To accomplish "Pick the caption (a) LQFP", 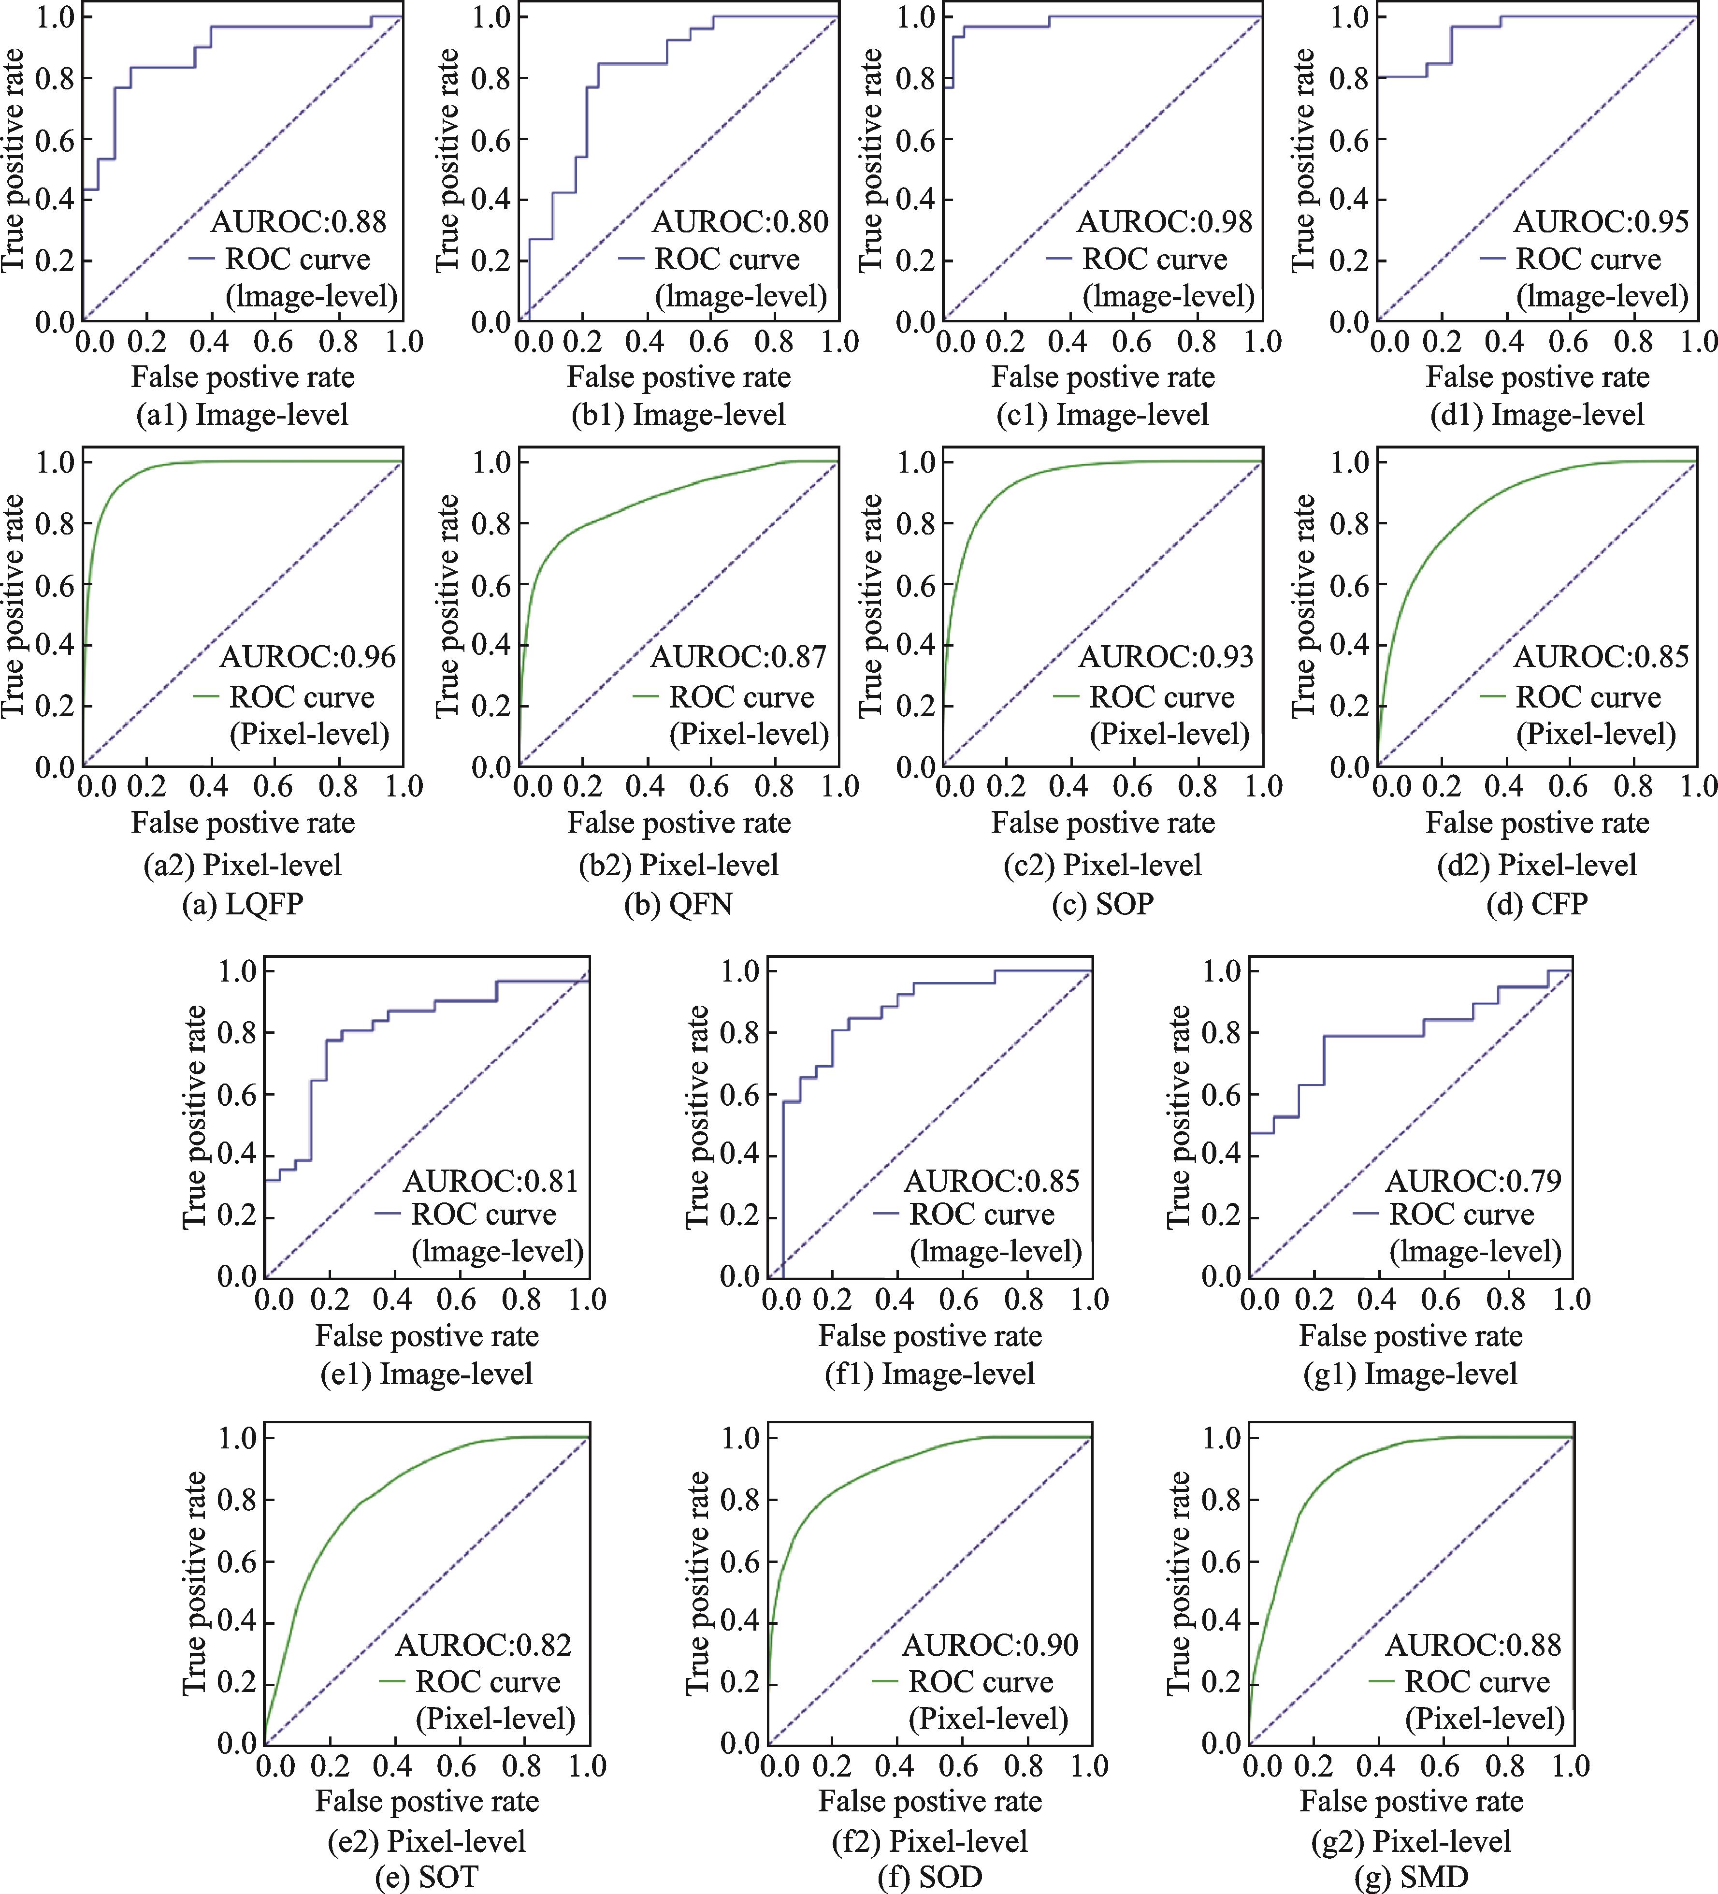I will tap(242, 904).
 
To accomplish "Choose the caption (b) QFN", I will tap(678, 904).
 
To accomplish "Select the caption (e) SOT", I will tap(426, 1878).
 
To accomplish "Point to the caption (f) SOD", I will tap(930, 1878).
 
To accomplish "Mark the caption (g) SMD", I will tap(1411, 1878).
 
